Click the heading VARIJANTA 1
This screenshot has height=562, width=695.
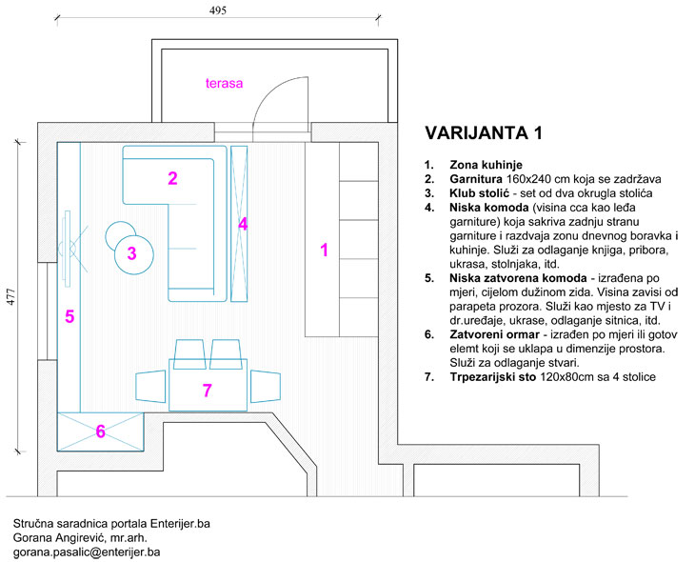click(x=486, y=132)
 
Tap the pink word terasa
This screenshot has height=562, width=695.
click(x=225, y=83)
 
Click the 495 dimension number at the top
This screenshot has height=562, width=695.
click(x=219, y=10)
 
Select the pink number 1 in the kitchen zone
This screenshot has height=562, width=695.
click(x=325, y=251)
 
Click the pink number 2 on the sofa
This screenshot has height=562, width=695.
click(x=172, y=178)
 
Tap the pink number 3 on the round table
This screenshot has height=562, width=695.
click(x=132, y=253)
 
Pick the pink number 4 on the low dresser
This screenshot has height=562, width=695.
click(x=243, y=225)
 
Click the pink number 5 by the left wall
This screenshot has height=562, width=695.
click(x=69, y=317)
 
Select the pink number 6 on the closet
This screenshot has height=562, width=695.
click(x=101, y=432)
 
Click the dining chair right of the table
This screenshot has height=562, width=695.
click(x=264, y=386)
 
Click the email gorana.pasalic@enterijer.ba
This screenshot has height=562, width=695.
click(x=87, y=552)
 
